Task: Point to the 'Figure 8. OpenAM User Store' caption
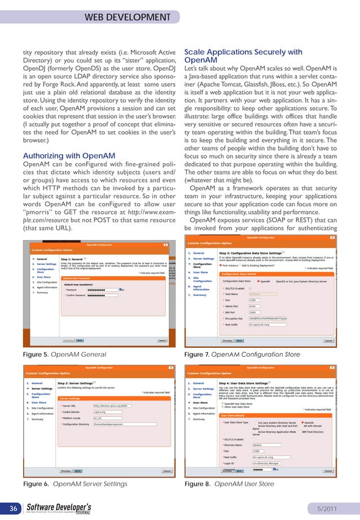coord(229,484)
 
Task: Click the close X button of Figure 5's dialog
coord(165,246)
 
